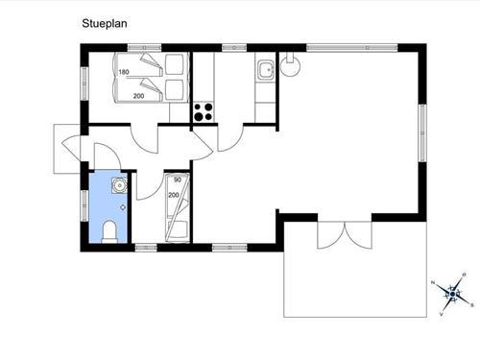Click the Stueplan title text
[105, 24]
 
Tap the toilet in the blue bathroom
[109, 231]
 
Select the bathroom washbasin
[119, 185]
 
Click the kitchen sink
[266, 70]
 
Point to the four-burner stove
[204, 112]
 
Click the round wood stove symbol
[290, 66]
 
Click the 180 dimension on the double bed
[124, 72]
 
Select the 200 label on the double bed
[138, 96]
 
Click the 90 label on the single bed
[178, 180]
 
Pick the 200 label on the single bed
[174, 195]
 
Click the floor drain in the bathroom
[123, 207]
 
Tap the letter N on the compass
[433, 282]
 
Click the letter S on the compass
[471, 305]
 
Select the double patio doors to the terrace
[345, 234]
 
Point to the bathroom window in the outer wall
[84, 205]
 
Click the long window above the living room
[352, 48]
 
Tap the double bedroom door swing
[145, 138]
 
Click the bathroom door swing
[108, 156]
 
